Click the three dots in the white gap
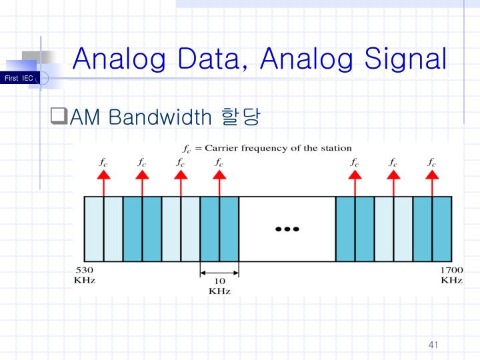286,229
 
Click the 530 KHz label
85,275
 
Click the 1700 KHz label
451,275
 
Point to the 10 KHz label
219,286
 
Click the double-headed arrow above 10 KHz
219,271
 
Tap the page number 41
433,345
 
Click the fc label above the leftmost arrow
103,161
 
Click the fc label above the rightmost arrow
432,161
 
